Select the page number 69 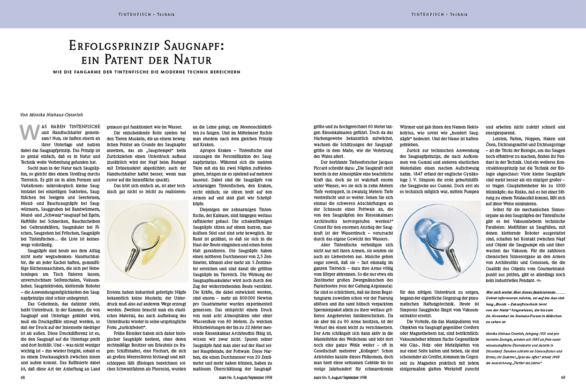tap(563, 377)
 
